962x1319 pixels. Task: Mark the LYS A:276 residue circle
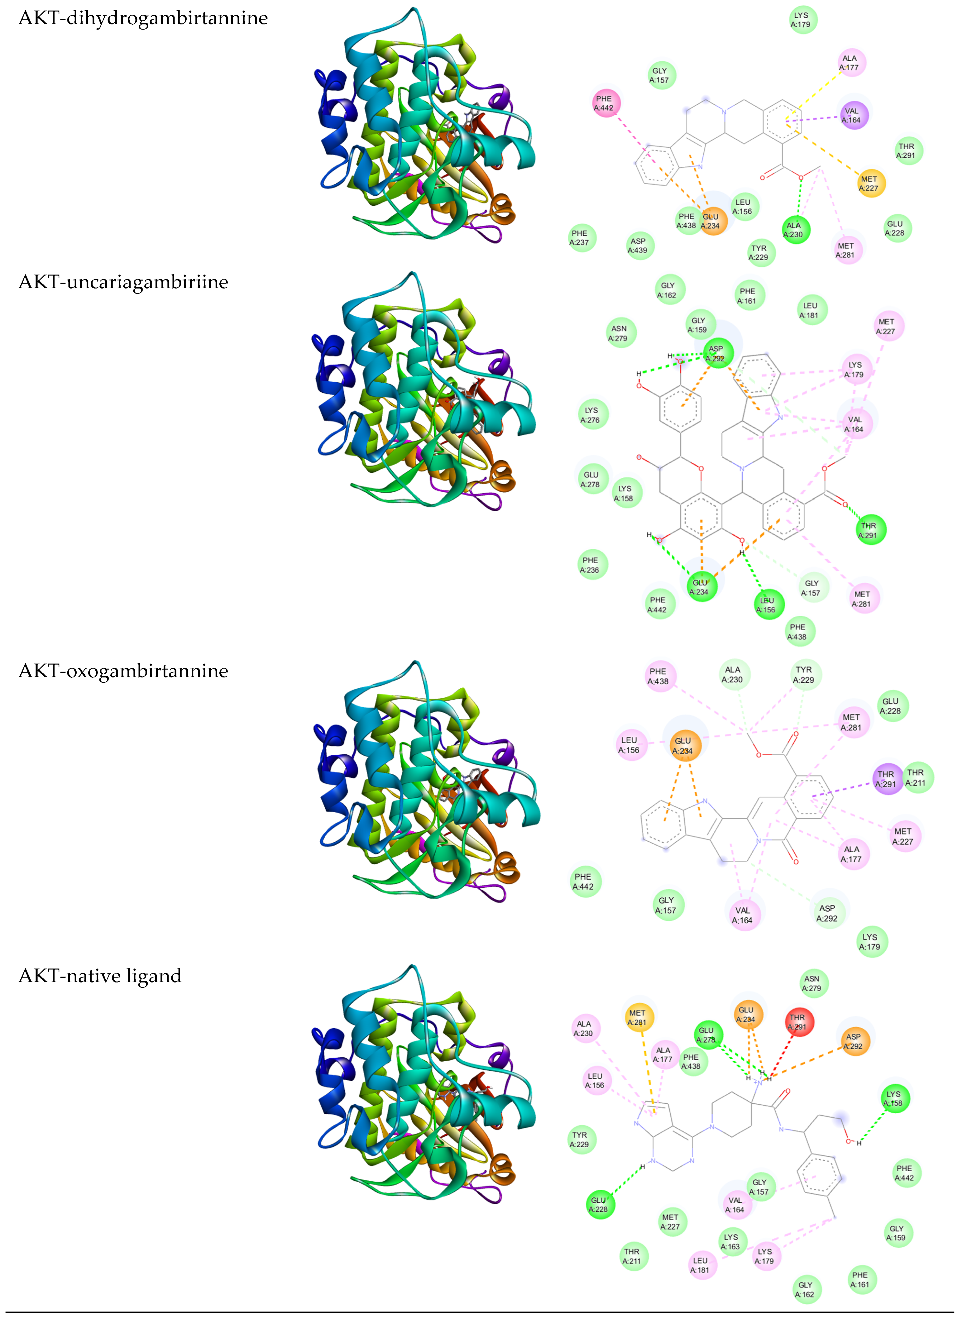[x=593, y=415]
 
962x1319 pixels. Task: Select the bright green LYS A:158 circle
[x=895, y=1098]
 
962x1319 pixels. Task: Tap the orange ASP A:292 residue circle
[x=854, y=1041]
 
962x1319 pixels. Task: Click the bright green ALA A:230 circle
[x=795, y=230]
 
